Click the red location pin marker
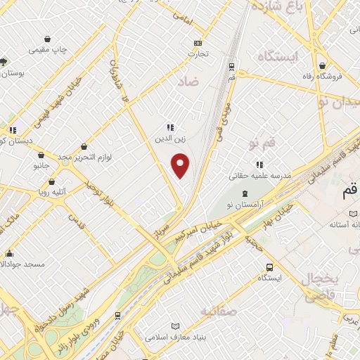tap(181, 165)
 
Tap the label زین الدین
tap(169, 139)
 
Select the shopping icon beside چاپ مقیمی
tap(47, 38)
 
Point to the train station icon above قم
tap(231, 67)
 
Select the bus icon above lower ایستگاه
tap(270, 267)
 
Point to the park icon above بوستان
tap(4, 62)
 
